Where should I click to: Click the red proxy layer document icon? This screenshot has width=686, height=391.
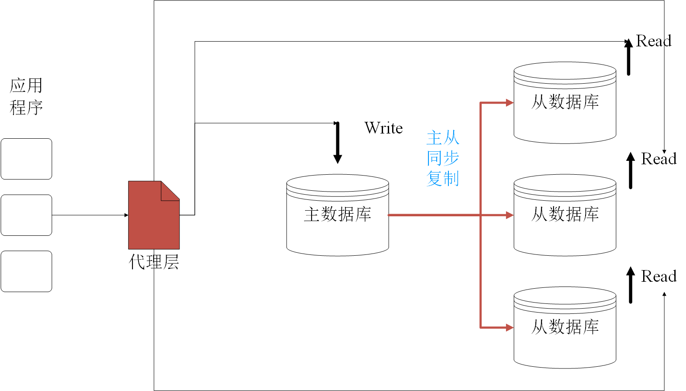tap(154, 215)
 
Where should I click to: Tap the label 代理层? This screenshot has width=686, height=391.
tap(154, 262)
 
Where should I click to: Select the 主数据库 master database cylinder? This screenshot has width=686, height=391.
tap(338, 215)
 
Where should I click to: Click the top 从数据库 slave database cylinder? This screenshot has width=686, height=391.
tap(565, 103)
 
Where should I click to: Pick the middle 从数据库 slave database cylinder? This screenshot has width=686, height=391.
tap(565, 215)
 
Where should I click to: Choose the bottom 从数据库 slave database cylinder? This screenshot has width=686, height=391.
tap(565, 328)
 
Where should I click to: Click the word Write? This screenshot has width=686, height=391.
tap(383, 128)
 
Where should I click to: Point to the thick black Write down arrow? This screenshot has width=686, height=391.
tap(338, 142)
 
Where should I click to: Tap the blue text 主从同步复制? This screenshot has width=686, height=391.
tap(443, 158)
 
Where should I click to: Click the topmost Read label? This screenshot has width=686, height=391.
tap(654, 41)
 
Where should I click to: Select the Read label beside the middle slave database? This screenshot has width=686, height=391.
tap(658, 159)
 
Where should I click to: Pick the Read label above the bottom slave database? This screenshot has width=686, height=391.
tap(658, 277)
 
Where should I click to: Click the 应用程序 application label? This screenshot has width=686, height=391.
tap(26, 97)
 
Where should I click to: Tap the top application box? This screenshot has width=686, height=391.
tap(26, 159)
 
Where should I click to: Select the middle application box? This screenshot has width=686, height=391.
tap(26, 215)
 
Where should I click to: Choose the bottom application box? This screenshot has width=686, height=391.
tap(26, 271)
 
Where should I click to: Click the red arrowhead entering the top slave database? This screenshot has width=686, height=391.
tap(509, 103)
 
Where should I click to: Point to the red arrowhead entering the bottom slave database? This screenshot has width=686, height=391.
tap(509, 328)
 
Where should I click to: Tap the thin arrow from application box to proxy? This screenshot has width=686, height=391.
tap(90, 215)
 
